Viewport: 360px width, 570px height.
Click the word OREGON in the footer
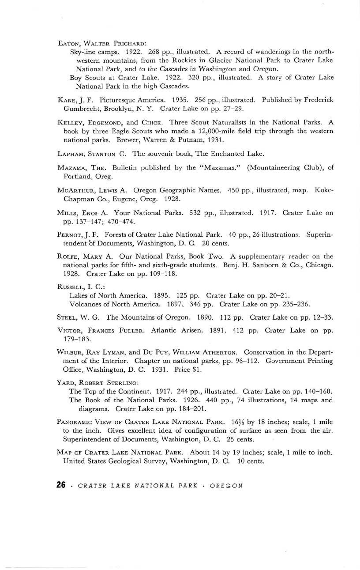pos(226,486)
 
